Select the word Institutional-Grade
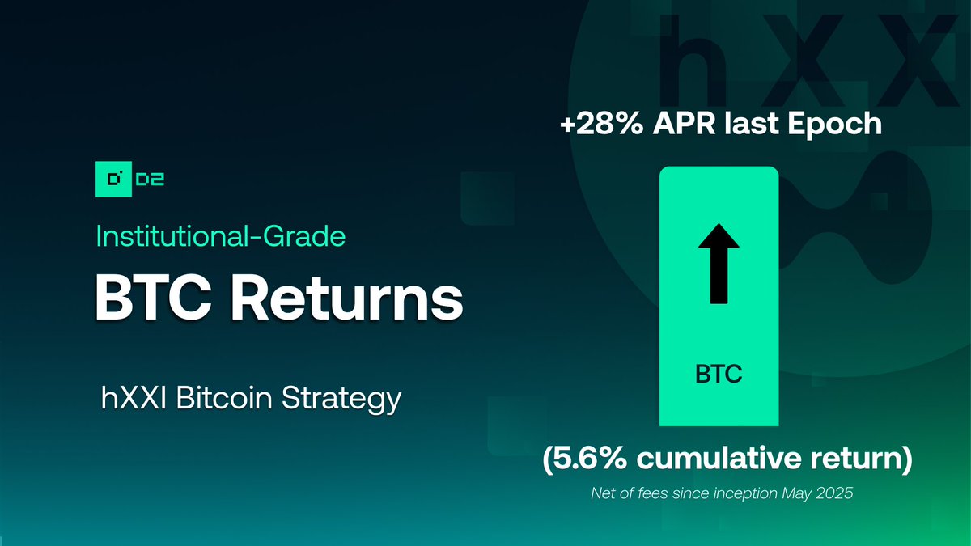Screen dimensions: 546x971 pyautogui.click(x=221, y=236)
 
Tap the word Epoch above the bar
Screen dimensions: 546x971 pyautogui.click(x=838, y=126)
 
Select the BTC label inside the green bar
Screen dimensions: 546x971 pyautogui.click(x=719, y=375)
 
